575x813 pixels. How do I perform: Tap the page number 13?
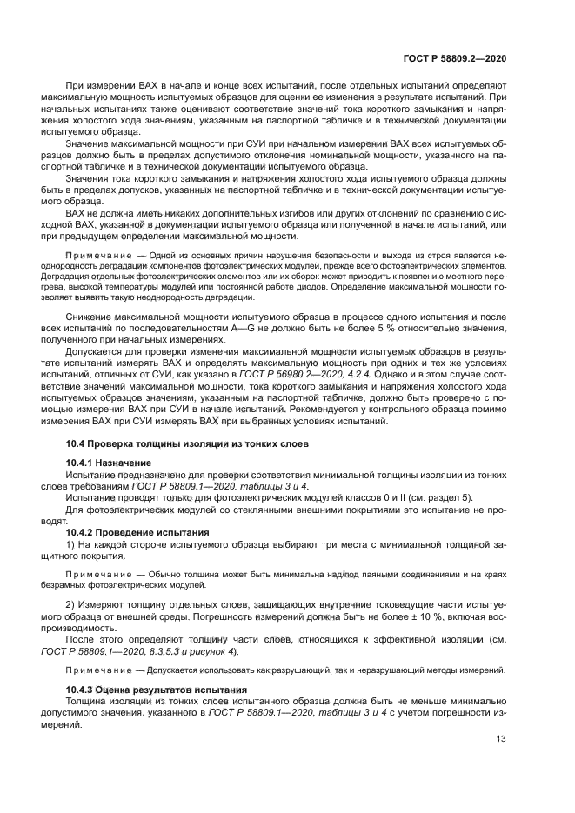pyautogui.click(x=501, y=738)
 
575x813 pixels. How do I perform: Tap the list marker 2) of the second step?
pyautogui.click(x=71, y=604)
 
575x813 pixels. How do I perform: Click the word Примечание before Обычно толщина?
pyautogui.click(x=97, y=576)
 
